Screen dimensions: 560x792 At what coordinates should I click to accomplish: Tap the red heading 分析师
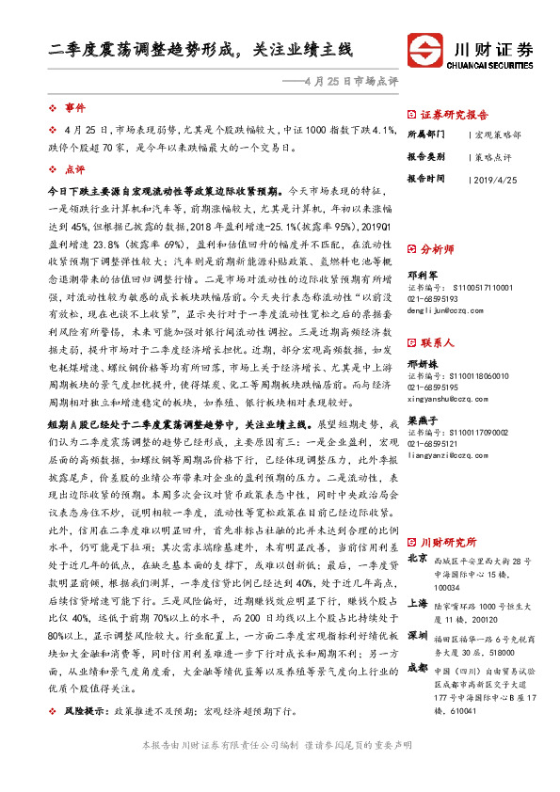click(438, 250)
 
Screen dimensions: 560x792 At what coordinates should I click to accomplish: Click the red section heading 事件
click(74, 109)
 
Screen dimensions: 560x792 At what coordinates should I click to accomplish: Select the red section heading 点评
click(74, 170)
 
